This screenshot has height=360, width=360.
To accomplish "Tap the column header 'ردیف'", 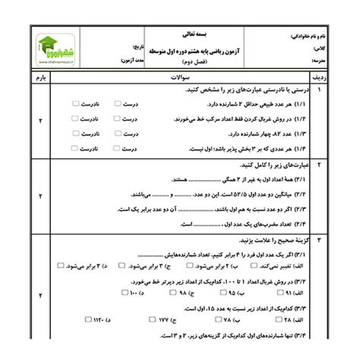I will click(321, 76).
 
